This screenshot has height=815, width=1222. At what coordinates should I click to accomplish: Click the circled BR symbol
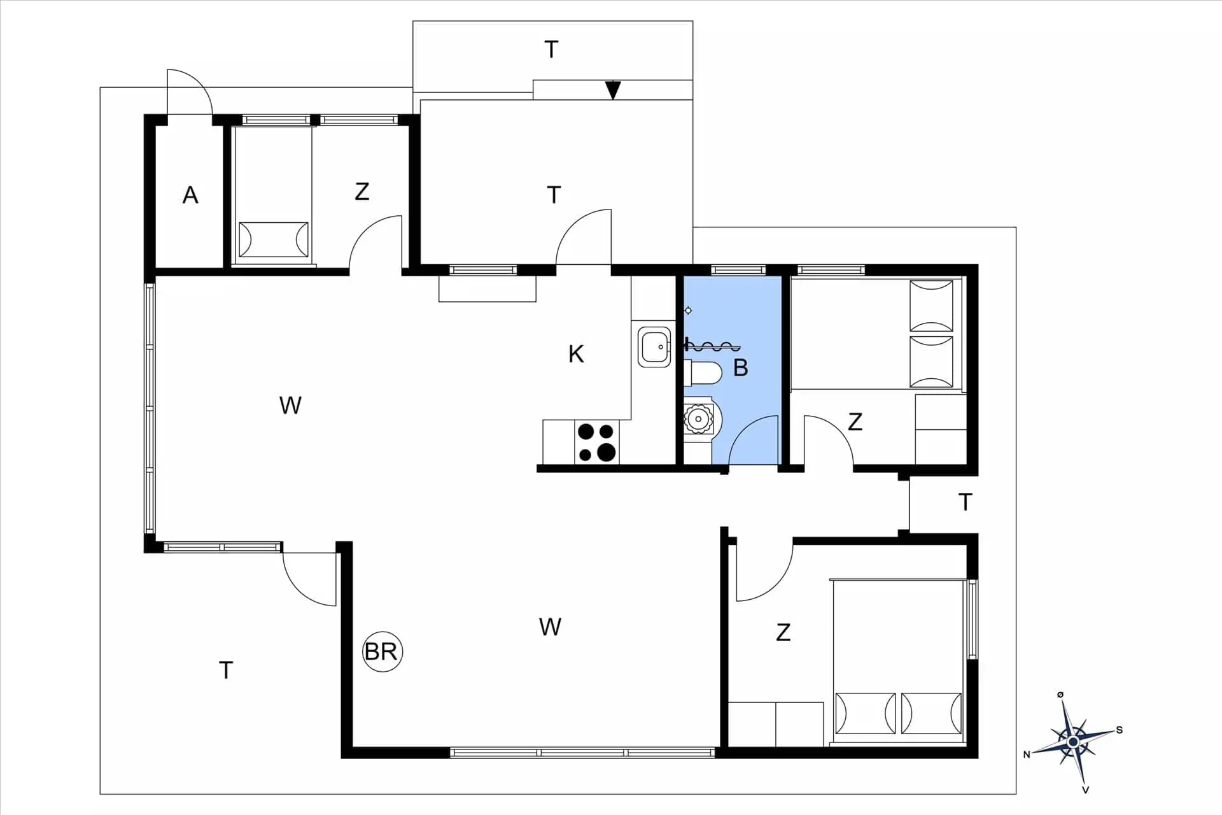coord(382,651)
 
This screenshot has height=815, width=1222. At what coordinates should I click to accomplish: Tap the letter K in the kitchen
coord(576,354)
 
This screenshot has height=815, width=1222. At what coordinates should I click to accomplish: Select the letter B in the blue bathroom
coord(740,367)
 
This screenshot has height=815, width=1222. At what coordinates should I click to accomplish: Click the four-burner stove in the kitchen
coord(596,442)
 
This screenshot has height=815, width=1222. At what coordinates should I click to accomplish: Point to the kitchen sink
coord(654,347)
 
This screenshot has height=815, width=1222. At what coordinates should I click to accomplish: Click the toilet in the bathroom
coord(704,373)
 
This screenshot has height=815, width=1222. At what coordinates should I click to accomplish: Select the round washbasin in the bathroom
coord(699,418)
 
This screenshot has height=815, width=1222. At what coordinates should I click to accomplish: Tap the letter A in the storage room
coord(190,195)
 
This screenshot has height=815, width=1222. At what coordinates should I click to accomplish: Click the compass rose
coord(1074,742)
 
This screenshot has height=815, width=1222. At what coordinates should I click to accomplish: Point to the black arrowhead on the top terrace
coord(613,90)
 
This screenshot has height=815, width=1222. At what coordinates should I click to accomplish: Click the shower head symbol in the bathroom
coord(688,310)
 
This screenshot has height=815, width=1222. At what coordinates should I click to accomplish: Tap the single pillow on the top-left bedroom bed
coord(273,239)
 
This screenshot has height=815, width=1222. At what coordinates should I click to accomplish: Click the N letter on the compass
coord(1026,755)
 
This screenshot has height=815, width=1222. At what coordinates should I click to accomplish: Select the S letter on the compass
coord(1120,730)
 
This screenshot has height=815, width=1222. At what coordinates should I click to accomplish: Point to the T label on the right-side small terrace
coord(965,502)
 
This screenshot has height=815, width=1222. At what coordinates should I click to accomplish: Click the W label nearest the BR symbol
coord(550,627)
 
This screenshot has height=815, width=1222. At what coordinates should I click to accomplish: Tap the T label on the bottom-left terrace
coord(225,670)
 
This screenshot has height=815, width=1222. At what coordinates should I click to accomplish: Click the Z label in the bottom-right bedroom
coord(783,632)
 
